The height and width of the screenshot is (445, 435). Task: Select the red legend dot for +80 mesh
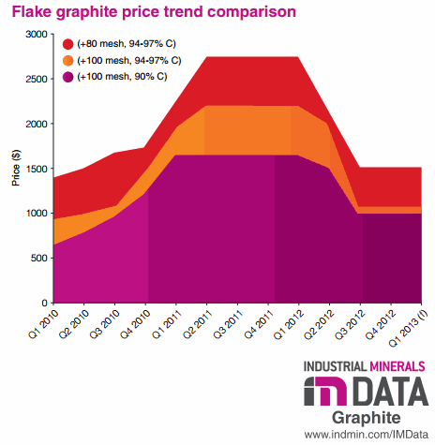click(68, 44)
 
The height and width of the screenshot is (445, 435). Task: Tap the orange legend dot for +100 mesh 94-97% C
click(68, 60)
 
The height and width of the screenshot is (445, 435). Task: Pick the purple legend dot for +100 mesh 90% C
click(68, 76)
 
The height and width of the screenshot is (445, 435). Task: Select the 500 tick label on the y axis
click(38, 259)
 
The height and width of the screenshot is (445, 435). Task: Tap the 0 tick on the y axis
click(44, 304)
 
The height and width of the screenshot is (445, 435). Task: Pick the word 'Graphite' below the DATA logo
click(367, 417)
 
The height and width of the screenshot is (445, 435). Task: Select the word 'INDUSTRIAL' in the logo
click(334, 366)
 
